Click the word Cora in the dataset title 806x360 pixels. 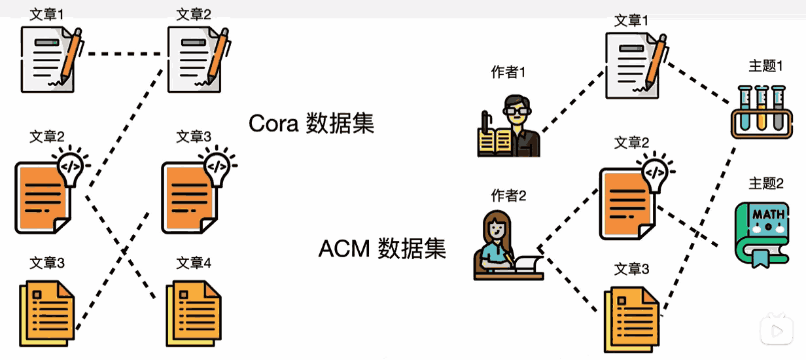click(x=273, y=124)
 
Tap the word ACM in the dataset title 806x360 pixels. click(x=344, y=249)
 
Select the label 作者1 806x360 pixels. click(x=508, y=73)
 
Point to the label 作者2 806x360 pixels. click(x=508, y=196)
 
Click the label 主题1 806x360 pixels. click(x=765, y=66)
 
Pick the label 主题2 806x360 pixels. click(x=766, y=183)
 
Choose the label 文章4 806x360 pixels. click(x=194, y=263)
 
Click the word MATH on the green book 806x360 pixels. click(x=769, y=215)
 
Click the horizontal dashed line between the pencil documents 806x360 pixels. click(x=124, y=54)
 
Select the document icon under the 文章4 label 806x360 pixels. click(x=193, y=313)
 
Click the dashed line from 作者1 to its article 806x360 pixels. click(x=573, y=101)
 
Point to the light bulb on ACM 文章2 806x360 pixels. click(x=656, y=171)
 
